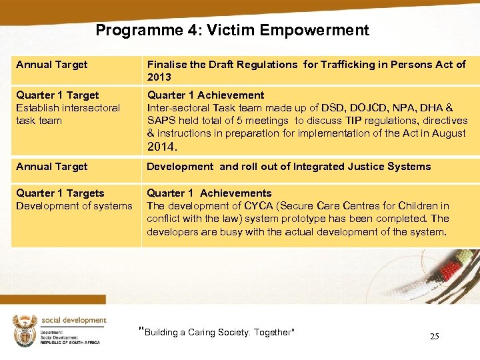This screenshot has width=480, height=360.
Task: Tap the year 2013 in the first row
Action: pyautogui.click(x=160, y=77)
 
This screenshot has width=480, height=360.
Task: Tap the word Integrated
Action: pyautogui.click(x=313, y=167)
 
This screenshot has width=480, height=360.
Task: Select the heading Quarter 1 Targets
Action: pyautogui.click(x=60, y=193)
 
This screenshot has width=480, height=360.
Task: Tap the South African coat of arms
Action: pyautogui.click(x=25, y=330)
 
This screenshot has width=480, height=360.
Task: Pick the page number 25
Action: pyautogui.click(x=434, y=336)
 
